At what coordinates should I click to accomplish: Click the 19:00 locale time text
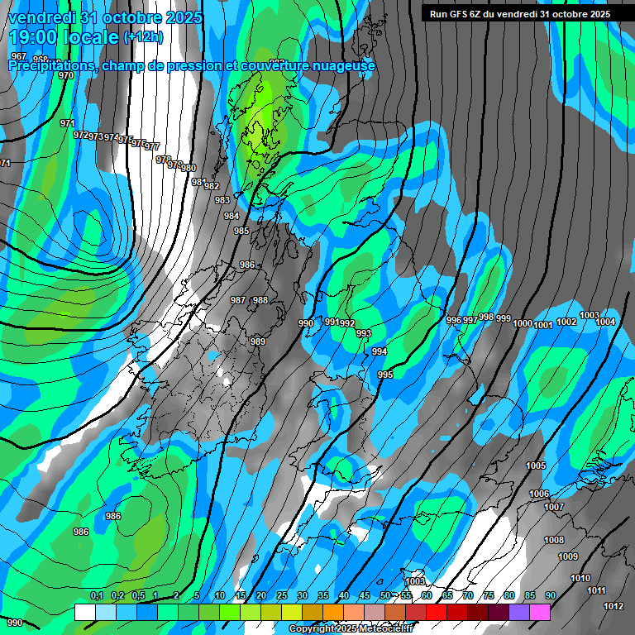(64, 37)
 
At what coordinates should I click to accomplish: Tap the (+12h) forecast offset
(143, 37)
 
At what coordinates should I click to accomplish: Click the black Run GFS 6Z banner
(520, 14)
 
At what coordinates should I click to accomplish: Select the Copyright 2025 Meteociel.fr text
(350, 629)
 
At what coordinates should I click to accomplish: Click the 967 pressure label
(18, 56)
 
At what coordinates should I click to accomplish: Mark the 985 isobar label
(241, 231)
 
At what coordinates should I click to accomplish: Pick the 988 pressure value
(260, 300)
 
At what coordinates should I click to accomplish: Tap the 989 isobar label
(258, 341)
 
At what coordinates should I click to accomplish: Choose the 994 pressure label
(379, 351)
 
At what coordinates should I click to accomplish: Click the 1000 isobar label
(522, 323)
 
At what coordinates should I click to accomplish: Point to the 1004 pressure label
(606, 322)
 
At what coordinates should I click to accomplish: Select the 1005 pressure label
(536, 466)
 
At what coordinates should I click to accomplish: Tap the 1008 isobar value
(554, 540)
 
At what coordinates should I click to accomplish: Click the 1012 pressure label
(613, 606)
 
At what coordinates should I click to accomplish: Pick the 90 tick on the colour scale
(550, 596)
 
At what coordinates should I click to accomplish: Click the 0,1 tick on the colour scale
(96, 596)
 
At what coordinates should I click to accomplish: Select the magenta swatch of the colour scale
(540, 612)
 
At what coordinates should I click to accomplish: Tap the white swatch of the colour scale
(85, 612)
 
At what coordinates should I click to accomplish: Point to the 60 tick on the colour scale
(427, 596)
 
